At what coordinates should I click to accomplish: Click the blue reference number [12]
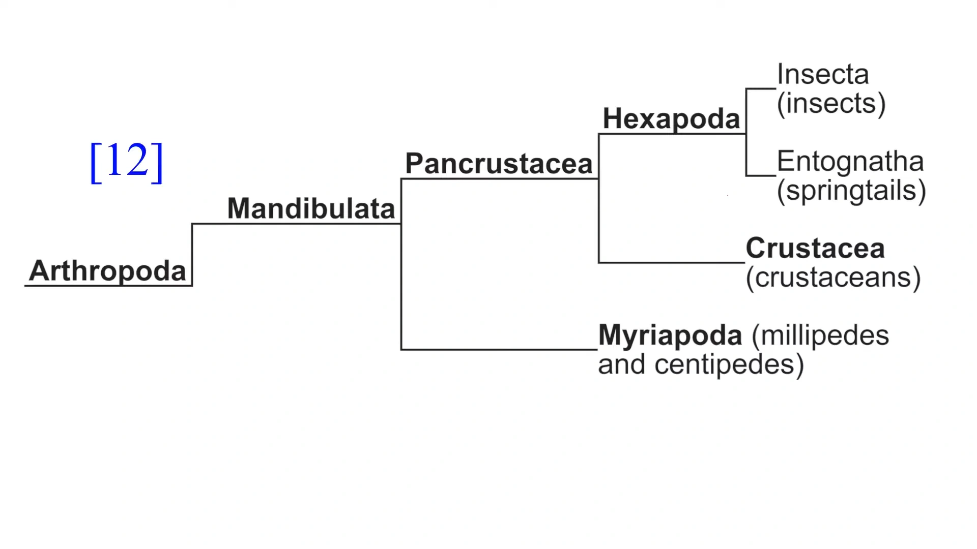(x=126, y=161)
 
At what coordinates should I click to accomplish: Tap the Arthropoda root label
(x=107, y=270)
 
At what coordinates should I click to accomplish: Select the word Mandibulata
(x=311, y=208)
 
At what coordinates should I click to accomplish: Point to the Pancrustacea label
(x=499, y=164)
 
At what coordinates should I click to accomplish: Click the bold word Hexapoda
(x=671, y=119)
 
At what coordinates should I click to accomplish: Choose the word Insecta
(x=823, y=75)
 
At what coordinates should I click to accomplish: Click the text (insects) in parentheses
(x=831, y=104)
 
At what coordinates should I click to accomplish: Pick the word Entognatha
(x=850, y=162)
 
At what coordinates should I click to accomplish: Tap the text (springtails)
(x=851, y=191)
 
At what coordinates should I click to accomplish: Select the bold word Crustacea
(x=815, y=249)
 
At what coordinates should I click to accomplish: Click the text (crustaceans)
(x=833, y=278)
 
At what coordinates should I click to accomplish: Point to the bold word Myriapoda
(x=670, y=336)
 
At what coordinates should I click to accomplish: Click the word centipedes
(x=729, y=365)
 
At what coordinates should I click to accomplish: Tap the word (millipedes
(x=820, y=336)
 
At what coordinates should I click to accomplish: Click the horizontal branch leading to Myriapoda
(x=499, y=350)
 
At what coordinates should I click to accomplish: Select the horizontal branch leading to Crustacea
(x=672, y=262)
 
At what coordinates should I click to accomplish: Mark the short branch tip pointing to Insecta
(x=761, y=89)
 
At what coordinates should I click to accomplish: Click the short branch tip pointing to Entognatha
(x=761, y=176)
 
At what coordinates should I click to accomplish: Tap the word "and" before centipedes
(x=621, y=365)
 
